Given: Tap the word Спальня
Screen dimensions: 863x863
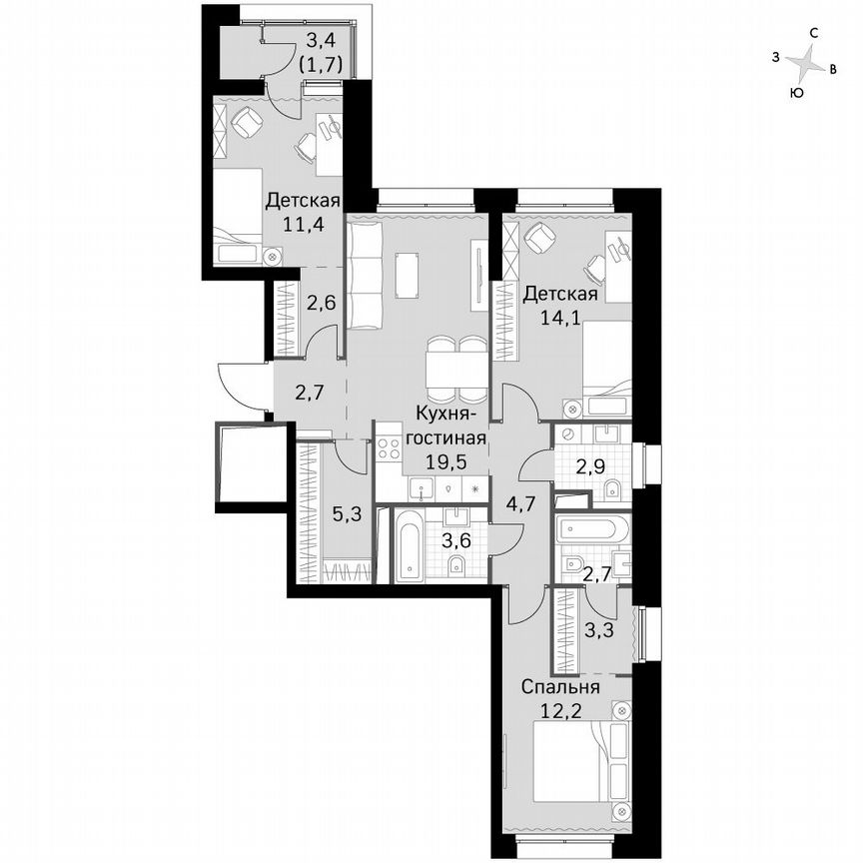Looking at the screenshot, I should (x=559, y=687).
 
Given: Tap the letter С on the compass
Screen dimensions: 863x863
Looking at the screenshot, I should (x=815, y=33).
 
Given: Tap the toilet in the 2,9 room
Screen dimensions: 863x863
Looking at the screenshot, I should (x=613, y=487).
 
